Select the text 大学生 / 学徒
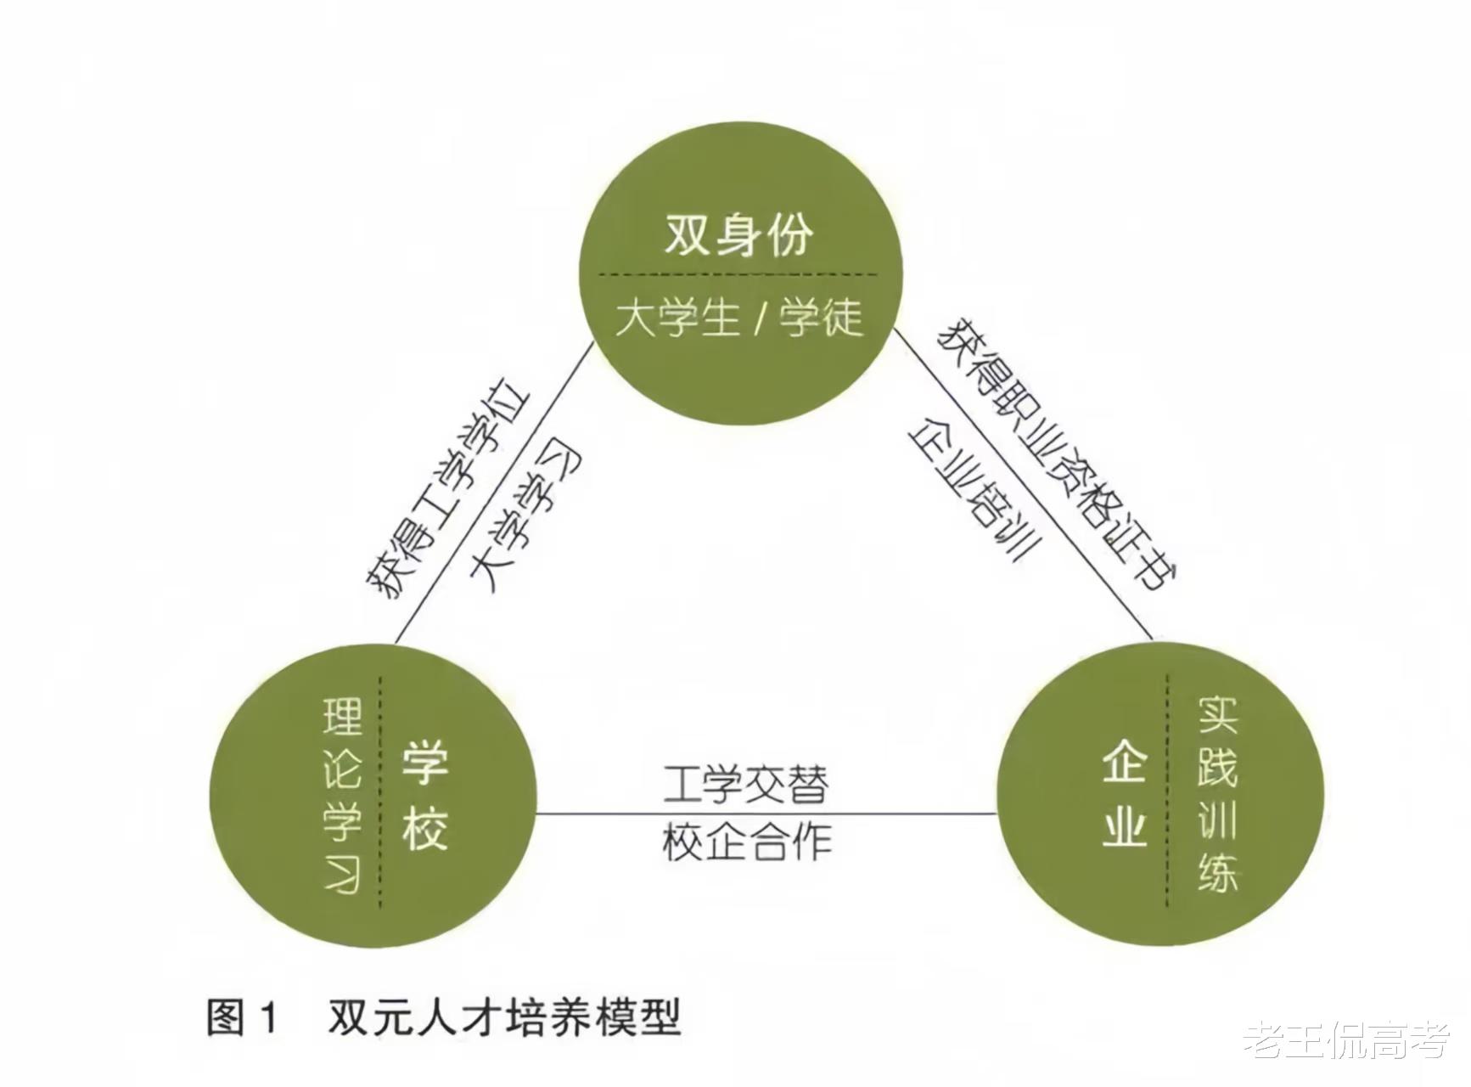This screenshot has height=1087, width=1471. (x=738, y=318)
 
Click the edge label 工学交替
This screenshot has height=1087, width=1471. (x=745, y=786)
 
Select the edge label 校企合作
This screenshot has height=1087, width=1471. (x=745, y=842)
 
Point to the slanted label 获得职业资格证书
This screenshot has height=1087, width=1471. (x=1057, y=454)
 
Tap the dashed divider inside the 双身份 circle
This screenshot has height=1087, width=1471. (x=738, y=274)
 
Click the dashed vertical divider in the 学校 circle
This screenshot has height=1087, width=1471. (x=380, y=794)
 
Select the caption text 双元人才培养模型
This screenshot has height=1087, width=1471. (x=504, y=1017)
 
